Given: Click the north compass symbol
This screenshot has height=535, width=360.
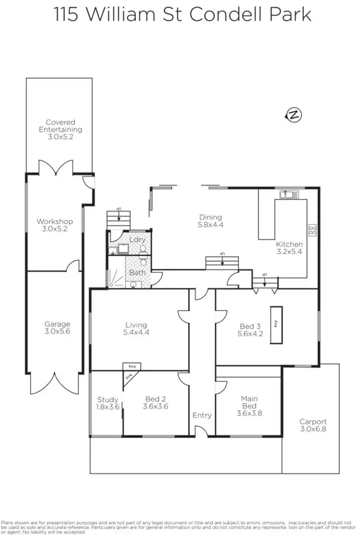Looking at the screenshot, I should (x=294, y=115).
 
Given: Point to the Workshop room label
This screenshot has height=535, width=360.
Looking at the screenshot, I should (x=55, y=221).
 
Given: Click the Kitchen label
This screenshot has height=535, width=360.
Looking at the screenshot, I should (x=290, y=245).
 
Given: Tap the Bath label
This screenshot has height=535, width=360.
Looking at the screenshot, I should (x=137, y=272).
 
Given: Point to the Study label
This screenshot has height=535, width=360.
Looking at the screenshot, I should (x=108, y=400).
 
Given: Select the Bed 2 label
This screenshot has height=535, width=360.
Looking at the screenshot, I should (x=156, y=400).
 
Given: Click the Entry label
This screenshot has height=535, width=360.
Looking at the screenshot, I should (x=202, y=415).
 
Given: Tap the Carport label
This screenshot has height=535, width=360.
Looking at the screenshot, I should (x=312, y=421).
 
